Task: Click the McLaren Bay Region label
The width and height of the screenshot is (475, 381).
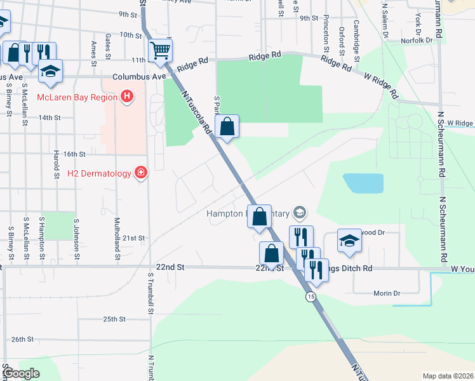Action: [x=77, y=97]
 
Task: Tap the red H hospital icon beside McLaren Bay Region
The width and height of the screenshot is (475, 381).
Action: [x=127, y=97]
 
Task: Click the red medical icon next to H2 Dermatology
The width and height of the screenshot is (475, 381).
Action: [x=140, y=173]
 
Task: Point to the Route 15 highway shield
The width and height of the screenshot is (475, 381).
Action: [x=310, y=297]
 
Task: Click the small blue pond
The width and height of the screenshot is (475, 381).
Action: [x=363, y=183]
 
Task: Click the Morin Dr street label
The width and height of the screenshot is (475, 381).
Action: [x=386, y=293]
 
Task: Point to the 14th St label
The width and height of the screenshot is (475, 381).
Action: [x=49, y=117]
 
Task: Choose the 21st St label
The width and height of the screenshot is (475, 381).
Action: [x=135, y=237]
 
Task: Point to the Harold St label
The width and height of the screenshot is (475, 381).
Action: [x=57, y=163]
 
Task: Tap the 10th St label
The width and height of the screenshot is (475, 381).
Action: [x=130, y=35]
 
